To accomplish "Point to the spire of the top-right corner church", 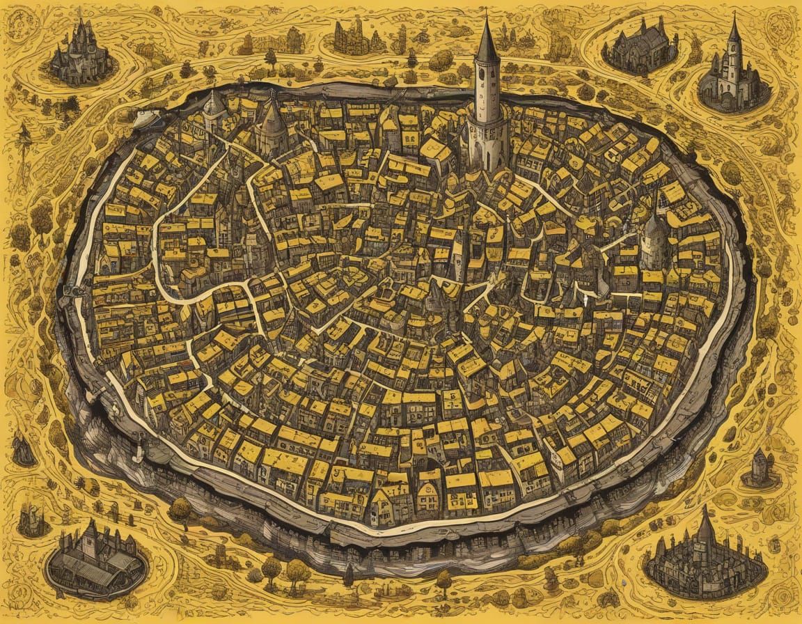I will pos(734,31).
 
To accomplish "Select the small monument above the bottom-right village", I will pos(760,468).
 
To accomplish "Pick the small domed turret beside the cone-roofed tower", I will pos(214,108).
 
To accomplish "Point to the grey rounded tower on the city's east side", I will pos(654,240).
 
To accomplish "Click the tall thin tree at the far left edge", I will pos(25,136).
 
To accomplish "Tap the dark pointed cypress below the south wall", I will pos(349,575).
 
